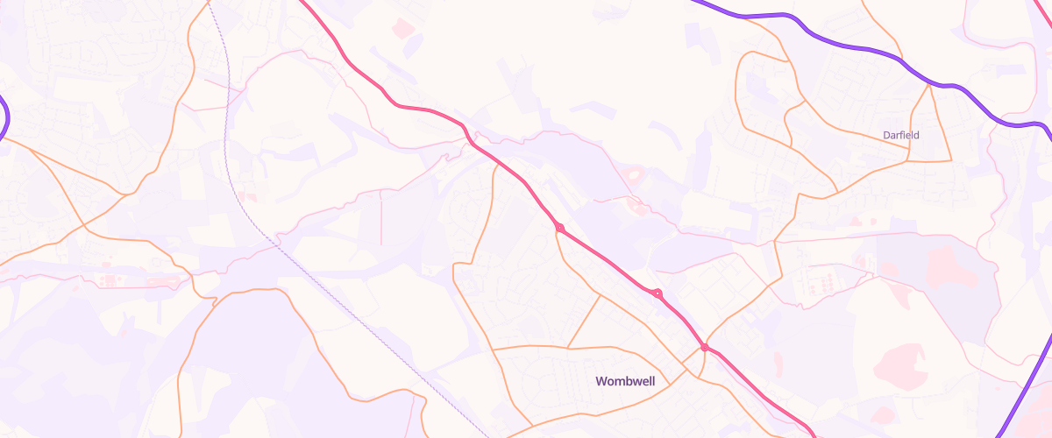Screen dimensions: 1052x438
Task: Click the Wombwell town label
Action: pyautogui.click(x=625, y=381)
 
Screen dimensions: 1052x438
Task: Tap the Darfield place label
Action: pyautogui.click(x=901, y=135)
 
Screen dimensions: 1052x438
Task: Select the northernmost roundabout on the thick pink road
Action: pyautogui.click(x=559, y=229)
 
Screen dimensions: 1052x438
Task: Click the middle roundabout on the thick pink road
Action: pyautogui.click(x=657, y=293)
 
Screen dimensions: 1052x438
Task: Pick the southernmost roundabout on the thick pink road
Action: pyautogui.click(x=704, y=348)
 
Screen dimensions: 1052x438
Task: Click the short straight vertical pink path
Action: pyautogui.click(x=382, y=219)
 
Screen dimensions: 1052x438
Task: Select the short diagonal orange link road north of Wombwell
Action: pyautogui.click(x=584, y=321)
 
